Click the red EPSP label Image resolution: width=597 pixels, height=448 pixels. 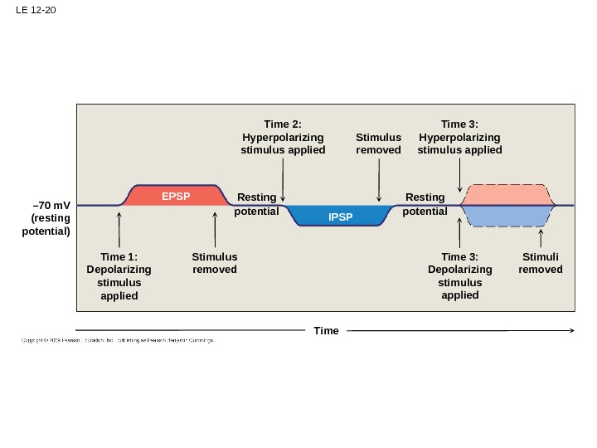tap(176, 197)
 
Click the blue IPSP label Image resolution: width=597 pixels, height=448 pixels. tap(340, 217)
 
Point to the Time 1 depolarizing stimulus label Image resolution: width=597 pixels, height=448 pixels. tap(119, 276)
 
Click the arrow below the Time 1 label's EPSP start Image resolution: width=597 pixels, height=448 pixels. tap(119, 230)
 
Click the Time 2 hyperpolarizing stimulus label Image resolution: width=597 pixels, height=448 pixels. tap(283, 138)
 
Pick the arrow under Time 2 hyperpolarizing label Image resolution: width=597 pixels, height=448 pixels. tap(283, 180)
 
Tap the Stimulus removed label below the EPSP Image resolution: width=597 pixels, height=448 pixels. tap(215, 263)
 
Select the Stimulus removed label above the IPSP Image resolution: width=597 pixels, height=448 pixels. tap(378, 144)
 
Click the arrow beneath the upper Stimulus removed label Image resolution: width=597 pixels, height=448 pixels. tap(378, 180)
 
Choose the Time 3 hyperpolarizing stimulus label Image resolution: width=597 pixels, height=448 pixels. tap(460, 138)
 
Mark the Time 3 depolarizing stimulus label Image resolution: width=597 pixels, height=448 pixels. tap(460, 276)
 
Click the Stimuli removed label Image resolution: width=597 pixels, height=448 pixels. tap(541, 263)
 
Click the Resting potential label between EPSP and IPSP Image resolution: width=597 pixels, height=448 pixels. tap(256, 204)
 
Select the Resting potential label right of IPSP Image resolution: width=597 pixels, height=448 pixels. tap(425, 204)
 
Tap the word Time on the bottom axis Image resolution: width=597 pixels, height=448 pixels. tap(327, 331)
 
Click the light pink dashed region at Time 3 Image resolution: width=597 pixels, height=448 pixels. tap(507, 195)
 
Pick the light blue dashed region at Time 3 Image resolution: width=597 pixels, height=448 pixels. tap(507, 216)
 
